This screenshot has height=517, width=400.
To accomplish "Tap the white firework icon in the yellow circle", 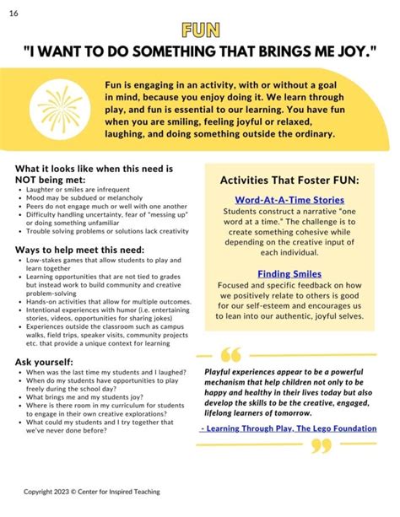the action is [60, 109].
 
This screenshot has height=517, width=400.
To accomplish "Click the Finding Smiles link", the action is [289, 273].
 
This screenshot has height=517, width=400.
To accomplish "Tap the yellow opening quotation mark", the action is [230, 354].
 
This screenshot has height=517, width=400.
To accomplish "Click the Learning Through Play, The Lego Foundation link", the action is [289, 428].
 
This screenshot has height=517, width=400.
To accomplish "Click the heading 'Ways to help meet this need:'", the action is [79, 250].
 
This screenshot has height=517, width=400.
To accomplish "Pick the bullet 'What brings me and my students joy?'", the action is [83, 396].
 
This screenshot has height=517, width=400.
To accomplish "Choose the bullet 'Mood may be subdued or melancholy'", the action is [77, 199].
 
